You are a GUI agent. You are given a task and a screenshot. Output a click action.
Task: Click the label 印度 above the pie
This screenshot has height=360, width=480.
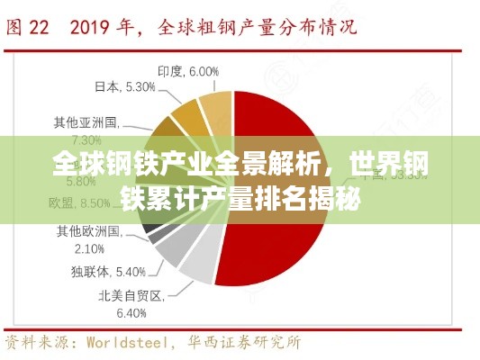(x=170, y=71)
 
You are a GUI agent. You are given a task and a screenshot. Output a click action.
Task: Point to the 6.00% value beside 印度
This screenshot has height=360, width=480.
(x=204, y=71)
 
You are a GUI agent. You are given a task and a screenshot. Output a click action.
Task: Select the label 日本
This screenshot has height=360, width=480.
(x=107, y=86)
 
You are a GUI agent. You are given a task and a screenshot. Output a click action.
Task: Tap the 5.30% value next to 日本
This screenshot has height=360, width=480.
(x=140, y=86)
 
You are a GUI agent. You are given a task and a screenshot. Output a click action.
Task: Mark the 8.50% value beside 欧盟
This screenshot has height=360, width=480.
(x=95, y=204)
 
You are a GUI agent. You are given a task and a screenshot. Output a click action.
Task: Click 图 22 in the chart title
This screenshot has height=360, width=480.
(x=28, y=28)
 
